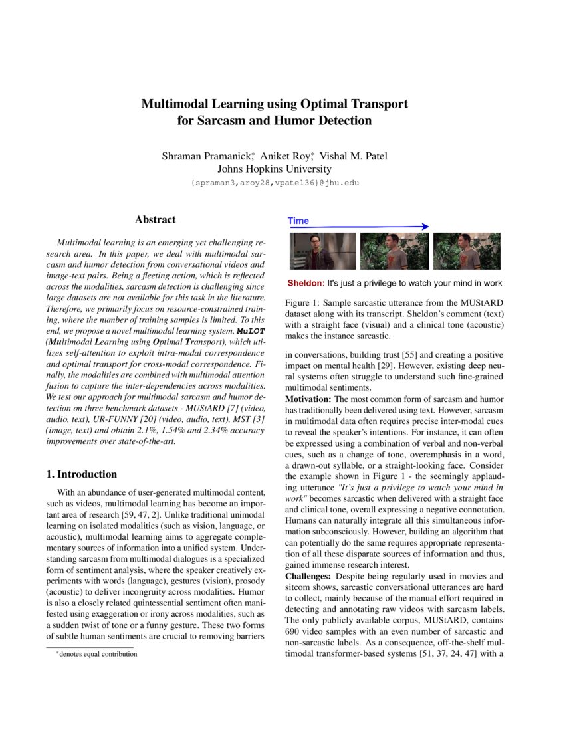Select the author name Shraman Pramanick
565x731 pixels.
[x=206, y=156]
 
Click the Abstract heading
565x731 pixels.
[x=155, y=219]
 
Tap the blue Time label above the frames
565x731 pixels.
[x=298, y=221]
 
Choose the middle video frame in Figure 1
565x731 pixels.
[x=394, y=251]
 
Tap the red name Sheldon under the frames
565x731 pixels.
[x=305, y=283]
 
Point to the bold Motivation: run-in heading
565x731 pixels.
[x=308, y=399]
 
